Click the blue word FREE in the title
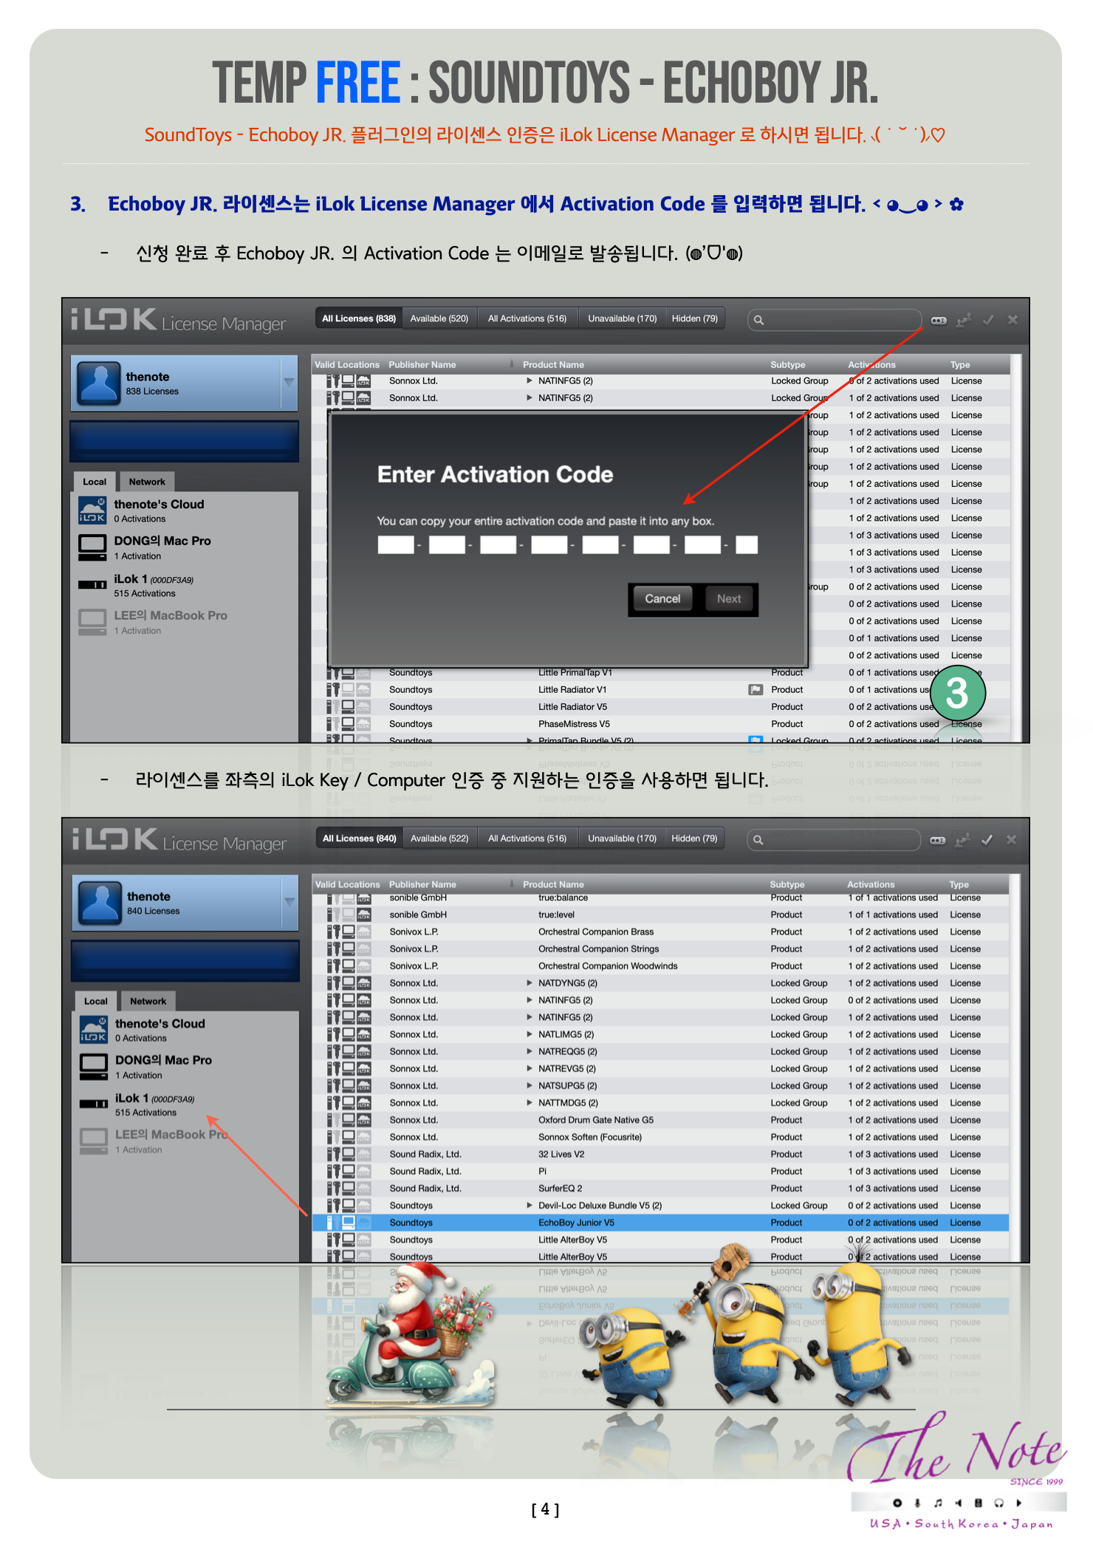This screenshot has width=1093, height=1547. pyautogui.click(x=358, y=83)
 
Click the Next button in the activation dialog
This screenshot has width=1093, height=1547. pyautogui.click(x=728, y=598)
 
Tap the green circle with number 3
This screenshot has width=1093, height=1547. pyautogui.click(x=957, y=693)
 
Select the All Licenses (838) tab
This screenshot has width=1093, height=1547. pyautogui.click(x=359, y=318)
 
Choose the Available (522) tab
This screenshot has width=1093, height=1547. pyautogui.click(x=439, y=839)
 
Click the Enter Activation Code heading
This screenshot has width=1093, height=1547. pyautogui.click(x=495, y=474)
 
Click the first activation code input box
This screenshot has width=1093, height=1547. pyautogui.click(x=396, y=545)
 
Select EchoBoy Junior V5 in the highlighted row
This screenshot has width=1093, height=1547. pyautogui.click(x=576, y=1223)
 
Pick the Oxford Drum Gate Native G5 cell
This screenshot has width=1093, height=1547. pyautogui.click(x=595, y=1120)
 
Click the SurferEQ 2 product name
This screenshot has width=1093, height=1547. pyautogui.click(x=560, y=1189)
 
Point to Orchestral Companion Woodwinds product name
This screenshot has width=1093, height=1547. pyautogui.click(x=607, y=966)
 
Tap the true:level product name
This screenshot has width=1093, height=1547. pyautogui.click(x=556, y=915)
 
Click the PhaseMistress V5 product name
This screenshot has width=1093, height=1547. pyautogui.click(x=574, y=724)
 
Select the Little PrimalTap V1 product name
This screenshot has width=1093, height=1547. pyautogui.click(x=575, y=673)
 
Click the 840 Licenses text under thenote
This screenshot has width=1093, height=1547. pyautogui.click(x=153, y=911)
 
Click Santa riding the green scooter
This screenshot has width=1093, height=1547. pyautogui.click(x=406, y=1330)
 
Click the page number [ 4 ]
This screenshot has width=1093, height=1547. pyautogui.click(x=545, y=1509)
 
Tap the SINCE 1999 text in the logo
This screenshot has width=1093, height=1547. pyautogui.click(x=1036, y=1481)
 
